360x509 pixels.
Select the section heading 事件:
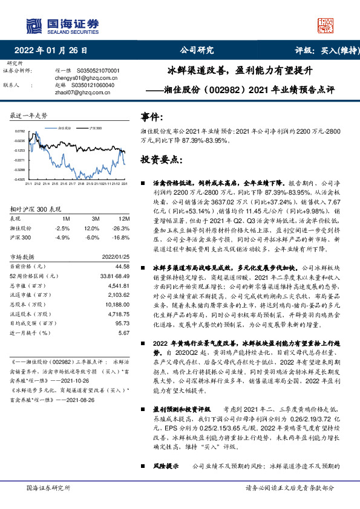[x=152, y=117]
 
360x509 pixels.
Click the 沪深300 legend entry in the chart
[x=96, y=129]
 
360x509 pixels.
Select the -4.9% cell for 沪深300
[x=62, y=238]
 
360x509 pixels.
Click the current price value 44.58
[x=122, y=266]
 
